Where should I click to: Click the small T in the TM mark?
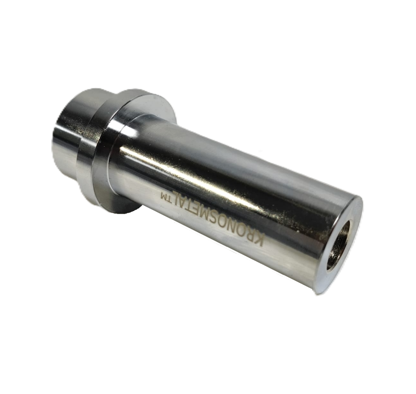coord(170,198)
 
